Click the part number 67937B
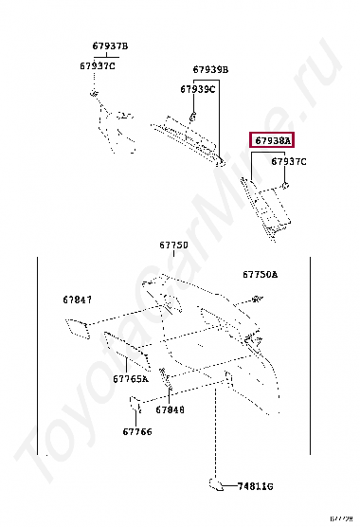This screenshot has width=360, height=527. (110, 46)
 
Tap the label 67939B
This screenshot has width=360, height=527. (211, 69)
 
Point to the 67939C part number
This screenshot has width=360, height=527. (198, 89)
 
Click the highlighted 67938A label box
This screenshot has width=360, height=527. (272, 140)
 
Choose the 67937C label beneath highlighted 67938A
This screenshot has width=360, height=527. (289, 162)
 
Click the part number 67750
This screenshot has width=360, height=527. (173, 245)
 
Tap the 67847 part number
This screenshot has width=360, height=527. (78, 300)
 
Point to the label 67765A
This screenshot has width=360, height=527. (131, 379)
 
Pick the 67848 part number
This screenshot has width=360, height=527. (171, 410)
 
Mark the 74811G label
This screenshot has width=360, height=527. (255, 485)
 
